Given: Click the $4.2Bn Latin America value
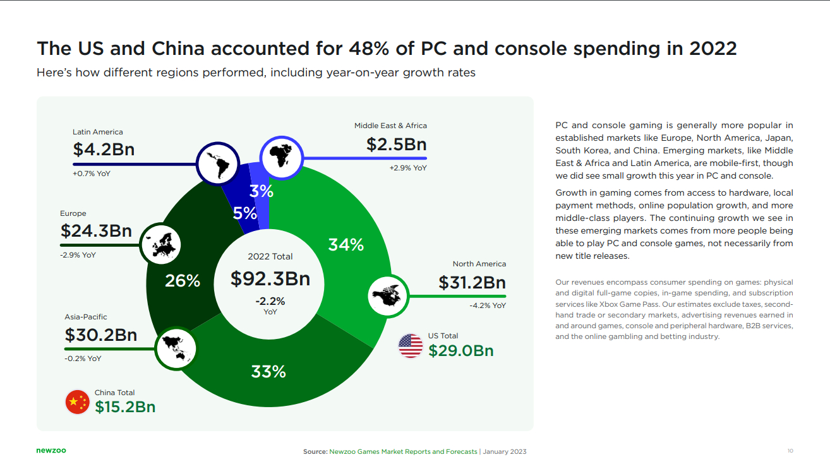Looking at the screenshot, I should click(x=104, y=150).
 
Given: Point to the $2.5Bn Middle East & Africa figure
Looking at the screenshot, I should click(x=396, y=145).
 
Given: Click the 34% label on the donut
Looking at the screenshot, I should click(x=346, y=245).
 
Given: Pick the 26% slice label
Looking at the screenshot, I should click(x=183, y=281).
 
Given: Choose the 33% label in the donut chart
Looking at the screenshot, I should click(x=268, y=372).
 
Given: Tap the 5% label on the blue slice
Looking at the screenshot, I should click(x=245, y=213).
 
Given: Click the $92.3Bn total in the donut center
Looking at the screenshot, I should click(x=270, y=278).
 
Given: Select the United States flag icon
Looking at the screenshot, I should click(x=411, y=346).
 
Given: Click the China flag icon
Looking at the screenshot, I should click(x=78, y=402).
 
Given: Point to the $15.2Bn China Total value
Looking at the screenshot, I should click(x=125, y=407).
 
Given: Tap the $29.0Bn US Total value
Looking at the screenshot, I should click(x=460, y=351).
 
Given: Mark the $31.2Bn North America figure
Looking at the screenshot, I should click(x=472, y=283).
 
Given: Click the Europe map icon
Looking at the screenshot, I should click(x=160, y=244).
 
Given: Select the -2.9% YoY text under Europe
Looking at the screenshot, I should click(x=78, y=255).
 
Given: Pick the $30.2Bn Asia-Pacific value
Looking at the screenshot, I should click(x=100, y=335).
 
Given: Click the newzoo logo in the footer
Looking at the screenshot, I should click(x=51, y=451).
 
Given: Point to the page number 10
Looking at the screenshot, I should click(x=790, y=451).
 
